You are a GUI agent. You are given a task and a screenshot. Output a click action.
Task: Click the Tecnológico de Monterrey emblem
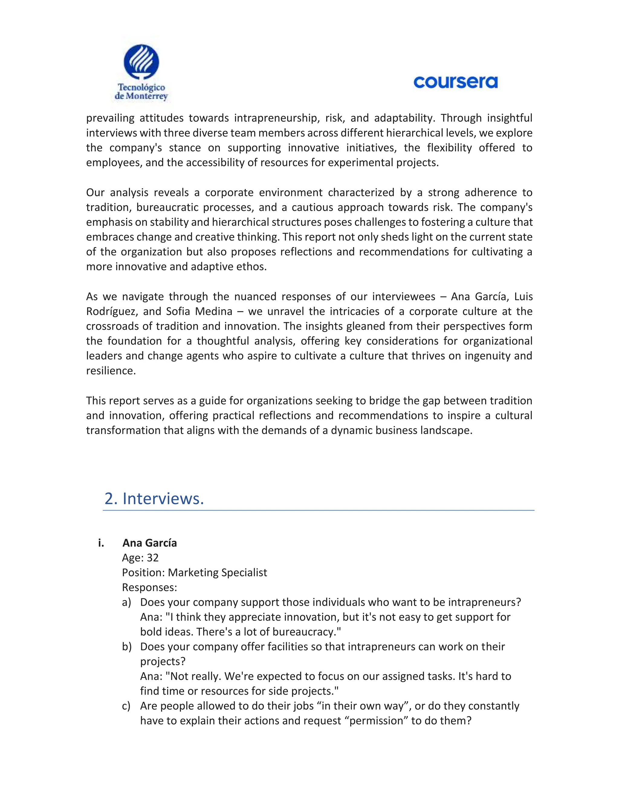pos(141,62)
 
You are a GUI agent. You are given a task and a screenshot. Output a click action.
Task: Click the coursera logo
pos(455,82)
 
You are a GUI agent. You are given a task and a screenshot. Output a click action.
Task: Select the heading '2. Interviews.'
pos(154,498)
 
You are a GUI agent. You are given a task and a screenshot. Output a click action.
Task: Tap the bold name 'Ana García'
pos(150,543)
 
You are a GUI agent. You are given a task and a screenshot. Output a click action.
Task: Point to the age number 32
pos(153,558)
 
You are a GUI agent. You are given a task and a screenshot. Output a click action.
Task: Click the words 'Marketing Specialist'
pos(217,572)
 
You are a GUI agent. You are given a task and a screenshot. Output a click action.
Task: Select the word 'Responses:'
pos(149,587)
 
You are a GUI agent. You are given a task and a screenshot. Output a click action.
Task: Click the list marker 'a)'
pos(127,602)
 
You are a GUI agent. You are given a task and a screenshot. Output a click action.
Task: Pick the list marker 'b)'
pos(127,647)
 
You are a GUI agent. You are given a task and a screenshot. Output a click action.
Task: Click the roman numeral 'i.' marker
pos(101,543)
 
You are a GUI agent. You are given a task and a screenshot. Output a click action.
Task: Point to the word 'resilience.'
pos(111,371)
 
